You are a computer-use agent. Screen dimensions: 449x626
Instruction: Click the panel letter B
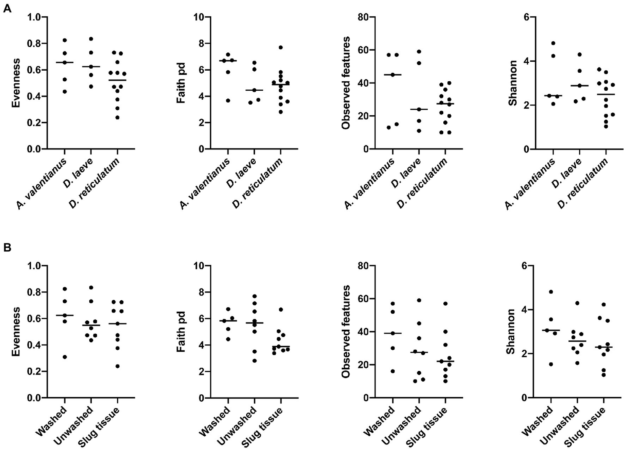tap(7, 248)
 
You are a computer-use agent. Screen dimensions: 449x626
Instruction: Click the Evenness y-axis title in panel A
tap(16, 83)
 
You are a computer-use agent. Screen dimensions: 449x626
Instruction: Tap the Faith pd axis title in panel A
tap(181, 83)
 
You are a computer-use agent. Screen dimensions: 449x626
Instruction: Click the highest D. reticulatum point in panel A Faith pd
tap(281, 47)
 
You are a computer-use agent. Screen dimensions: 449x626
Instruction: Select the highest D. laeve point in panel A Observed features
tap(419, 51)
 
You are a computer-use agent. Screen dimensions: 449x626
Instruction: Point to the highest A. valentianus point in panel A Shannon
tap(553, 43)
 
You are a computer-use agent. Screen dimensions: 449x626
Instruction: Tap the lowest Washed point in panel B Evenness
tap(65, 357)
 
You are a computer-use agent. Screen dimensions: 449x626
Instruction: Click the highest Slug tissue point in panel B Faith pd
tap(281, 310)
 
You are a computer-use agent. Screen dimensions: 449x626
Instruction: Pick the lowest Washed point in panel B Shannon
tap(551, 364)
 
